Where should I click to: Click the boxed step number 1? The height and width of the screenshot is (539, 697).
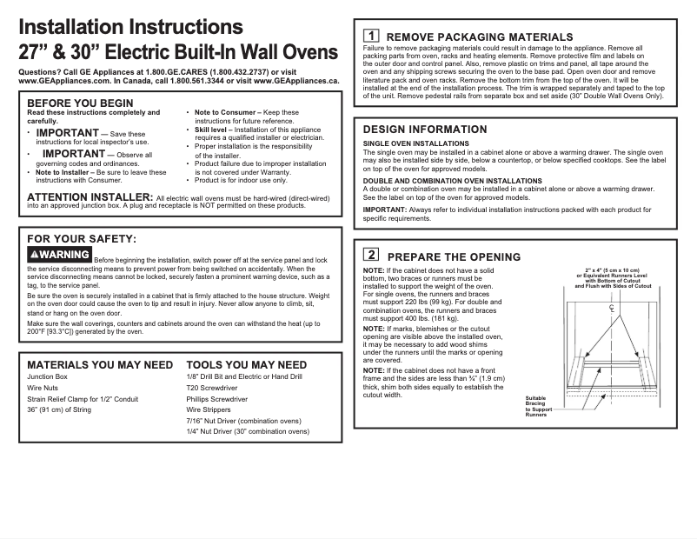pyautogui.click(x=370, y=36)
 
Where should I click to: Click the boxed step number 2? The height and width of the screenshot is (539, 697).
pyautogui.click(x=370, y=256)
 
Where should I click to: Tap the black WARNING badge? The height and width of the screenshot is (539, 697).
pyautogui.click(x=59, y=255)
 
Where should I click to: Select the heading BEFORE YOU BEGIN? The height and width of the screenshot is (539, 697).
pyautogui.click(x=80, y=103)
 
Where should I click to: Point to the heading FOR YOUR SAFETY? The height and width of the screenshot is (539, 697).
pyautogui.click(x=82, y=237)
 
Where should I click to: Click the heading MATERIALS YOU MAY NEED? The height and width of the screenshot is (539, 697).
pyautogui.click(x=100, y=364)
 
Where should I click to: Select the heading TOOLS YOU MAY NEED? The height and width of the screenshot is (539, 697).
pyautogui.click(x=246, y=364)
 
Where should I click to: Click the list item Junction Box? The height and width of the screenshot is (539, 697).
pyautogui.click(x=47, y=377)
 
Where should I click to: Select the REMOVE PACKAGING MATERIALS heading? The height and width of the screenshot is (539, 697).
pyautogui.click(x=479, y=37)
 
